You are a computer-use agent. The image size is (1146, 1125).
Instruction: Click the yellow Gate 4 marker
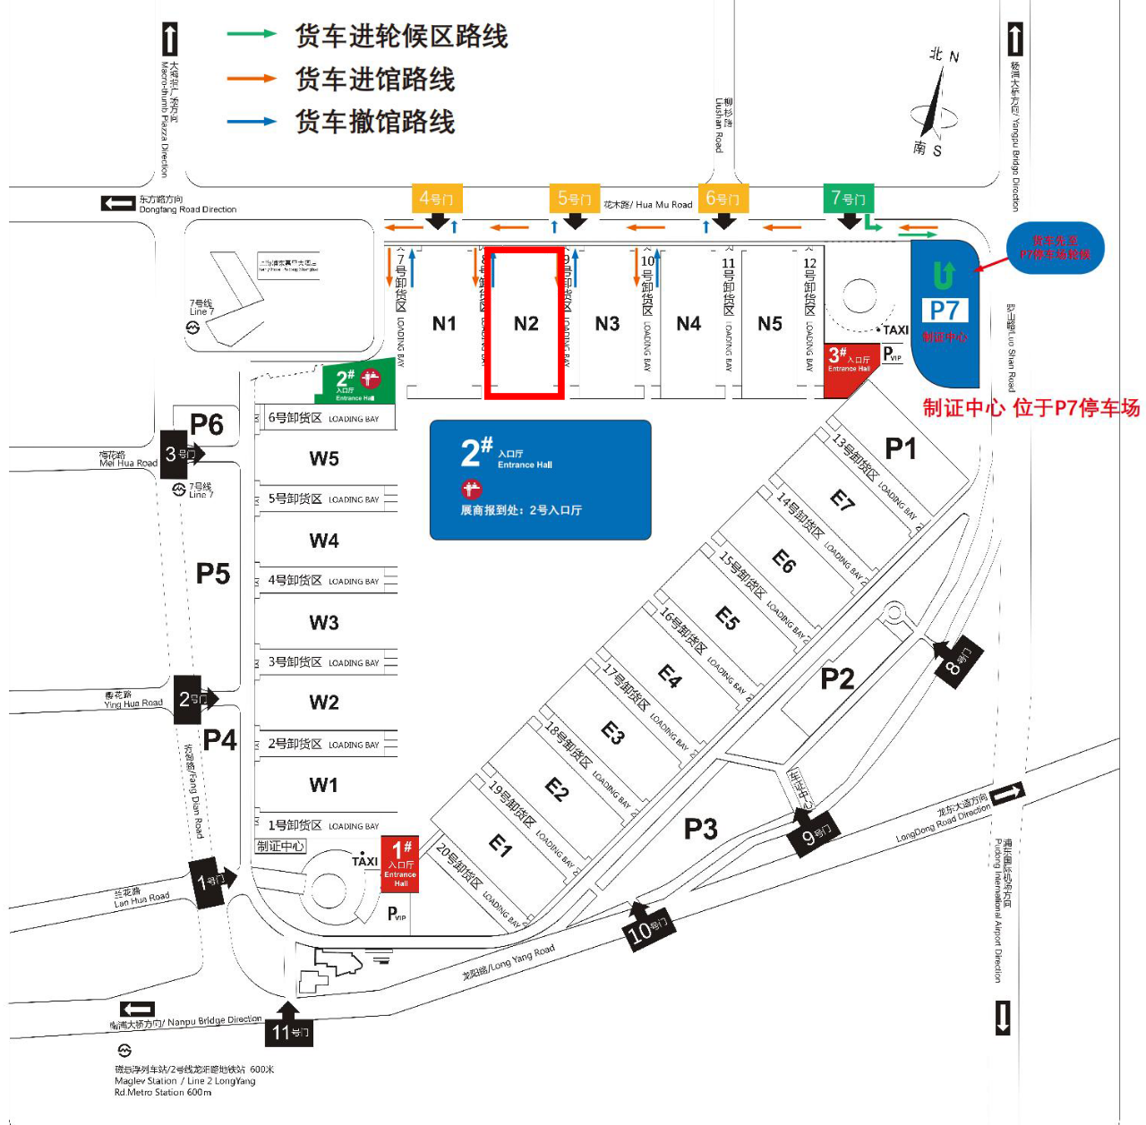click(x=436, y=199)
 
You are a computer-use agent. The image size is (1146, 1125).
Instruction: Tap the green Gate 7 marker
click(x=848, y=199)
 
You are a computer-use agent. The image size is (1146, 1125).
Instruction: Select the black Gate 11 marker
click(x=289, y=1032)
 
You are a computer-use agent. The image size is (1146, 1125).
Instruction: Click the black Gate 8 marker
click(x=957, y=663)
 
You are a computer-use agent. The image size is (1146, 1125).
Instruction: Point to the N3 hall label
click(x=607, y=324)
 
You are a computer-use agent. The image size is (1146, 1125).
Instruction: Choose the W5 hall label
click(x=324, y=459)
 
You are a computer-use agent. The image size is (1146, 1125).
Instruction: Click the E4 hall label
click(x=670, y=676)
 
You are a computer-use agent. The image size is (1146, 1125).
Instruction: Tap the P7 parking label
click(x=945, y=311)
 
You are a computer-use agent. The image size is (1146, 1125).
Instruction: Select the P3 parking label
click(x=700, y=830)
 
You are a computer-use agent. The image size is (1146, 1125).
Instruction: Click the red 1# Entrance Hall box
click(x=399, y=863)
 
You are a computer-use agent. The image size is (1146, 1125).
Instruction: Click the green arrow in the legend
click(x=252, y=35)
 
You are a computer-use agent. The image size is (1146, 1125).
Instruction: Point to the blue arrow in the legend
click(x=252, y=121)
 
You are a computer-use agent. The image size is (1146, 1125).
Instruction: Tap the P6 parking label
click(x=207, y=424)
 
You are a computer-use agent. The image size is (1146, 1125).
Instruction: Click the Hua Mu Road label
click(x=648, y=205)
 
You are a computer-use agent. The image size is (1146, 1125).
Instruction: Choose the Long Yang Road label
click(x=509, y=963)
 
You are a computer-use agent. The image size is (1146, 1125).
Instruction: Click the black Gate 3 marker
click(x=179, y=455)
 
